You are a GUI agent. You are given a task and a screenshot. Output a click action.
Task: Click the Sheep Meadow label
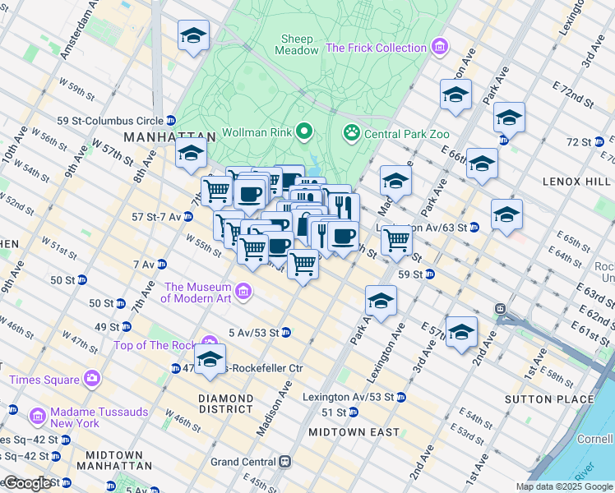click(x=298, y=44)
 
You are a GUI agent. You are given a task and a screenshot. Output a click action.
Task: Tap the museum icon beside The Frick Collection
click(x=440, y=48)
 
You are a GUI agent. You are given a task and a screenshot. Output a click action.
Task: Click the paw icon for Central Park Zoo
click(x=351, y=131)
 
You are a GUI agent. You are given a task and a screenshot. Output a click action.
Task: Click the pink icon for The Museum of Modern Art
click(x=243, y=292)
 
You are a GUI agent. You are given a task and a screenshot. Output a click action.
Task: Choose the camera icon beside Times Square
click(x=92, y=379)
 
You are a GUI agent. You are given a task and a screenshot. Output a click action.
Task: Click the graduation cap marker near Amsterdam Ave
click(x=193, y=36)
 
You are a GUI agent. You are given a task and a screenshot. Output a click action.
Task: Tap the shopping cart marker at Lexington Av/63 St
click(x=396, y=240)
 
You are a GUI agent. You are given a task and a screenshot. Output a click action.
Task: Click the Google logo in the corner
click(x=26, y=484)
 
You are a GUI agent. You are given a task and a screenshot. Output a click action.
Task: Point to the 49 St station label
click(x=107, y=326)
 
